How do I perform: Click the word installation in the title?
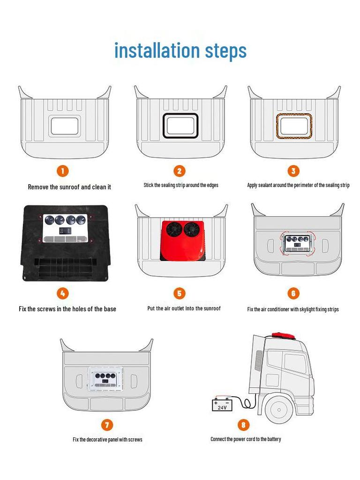click(x=157, y=50)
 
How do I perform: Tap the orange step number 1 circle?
click(x=63, y=171)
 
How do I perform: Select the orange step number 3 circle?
click(x=293, y=171)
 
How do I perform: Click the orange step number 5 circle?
click(x=179, y=293)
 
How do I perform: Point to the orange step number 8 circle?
click(x=243, y=425)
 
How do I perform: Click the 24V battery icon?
click(x=222, y=405)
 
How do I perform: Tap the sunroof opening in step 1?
click(x=65, y=126)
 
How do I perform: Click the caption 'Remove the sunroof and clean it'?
click(x=69, y=187)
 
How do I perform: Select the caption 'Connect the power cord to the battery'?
click(x=246, y=439)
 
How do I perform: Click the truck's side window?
click(x=294, y=363)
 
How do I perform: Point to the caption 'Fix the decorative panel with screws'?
click(x=107, y=440)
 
